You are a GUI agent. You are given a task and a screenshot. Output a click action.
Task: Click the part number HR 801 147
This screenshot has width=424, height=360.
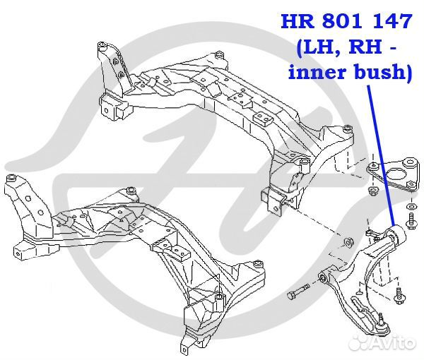[x=346, y=21]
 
